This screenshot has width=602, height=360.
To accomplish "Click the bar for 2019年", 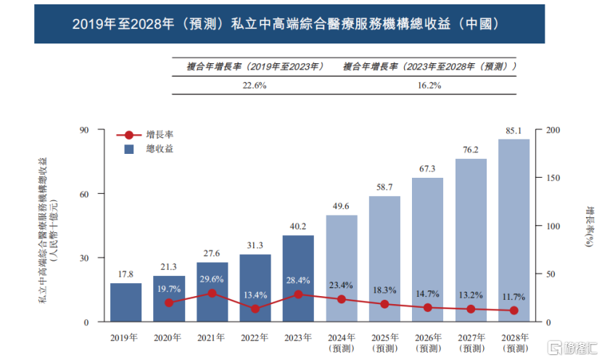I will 125,302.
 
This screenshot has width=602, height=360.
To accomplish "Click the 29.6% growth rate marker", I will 212,293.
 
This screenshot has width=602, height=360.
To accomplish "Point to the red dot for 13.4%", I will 255,309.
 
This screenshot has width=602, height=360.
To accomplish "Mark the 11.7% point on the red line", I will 514,311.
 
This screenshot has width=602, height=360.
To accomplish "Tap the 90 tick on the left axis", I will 83,130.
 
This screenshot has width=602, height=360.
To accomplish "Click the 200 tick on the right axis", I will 552,130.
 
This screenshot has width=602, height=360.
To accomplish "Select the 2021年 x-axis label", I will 212,337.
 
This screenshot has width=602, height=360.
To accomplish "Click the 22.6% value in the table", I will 254,85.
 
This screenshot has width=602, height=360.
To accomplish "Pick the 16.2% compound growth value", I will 429,85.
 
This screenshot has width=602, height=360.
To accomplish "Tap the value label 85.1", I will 514,131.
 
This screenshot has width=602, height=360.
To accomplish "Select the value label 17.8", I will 125,274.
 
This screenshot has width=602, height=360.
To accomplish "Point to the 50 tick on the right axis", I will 549,274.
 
